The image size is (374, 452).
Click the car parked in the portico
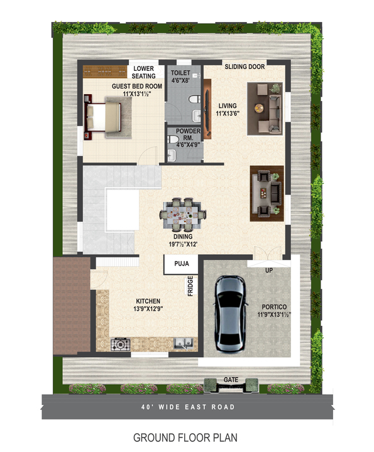coord(230,314)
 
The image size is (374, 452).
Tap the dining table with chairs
coord(183,215)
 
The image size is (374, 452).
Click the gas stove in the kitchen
coord(120,344)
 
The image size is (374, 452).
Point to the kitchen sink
coord(184,343)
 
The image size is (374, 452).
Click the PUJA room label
coord(182,264)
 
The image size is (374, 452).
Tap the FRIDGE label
coord(190,286)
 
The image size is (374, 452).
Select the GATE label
coord(231,380)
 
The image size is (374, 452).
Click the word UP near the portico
coord(268,271)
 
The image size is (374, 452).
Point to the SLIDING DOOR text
coord(245,67)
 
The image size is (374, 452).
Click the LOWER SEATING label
coord(143,72)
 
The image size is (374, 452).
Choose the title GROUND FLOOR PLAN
coord(185,438)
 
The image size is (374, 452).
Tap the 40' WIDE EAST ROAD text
coord(188,407)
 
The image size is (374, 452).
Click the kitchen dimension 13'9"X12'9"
coord(148,309)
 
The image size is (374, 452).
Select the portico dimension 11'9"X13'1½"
coord(274,315)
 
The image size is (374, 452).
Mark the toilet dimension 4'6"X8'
coord(180,80)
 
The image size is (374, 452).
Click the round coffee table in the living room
coord(259,108)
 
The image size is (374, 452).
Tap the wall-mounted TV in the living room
coord(207,109)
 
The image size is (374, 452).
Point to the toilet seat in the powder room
coord(173,139)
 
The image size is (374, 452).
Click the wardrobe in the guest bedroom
coord(105,72)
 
